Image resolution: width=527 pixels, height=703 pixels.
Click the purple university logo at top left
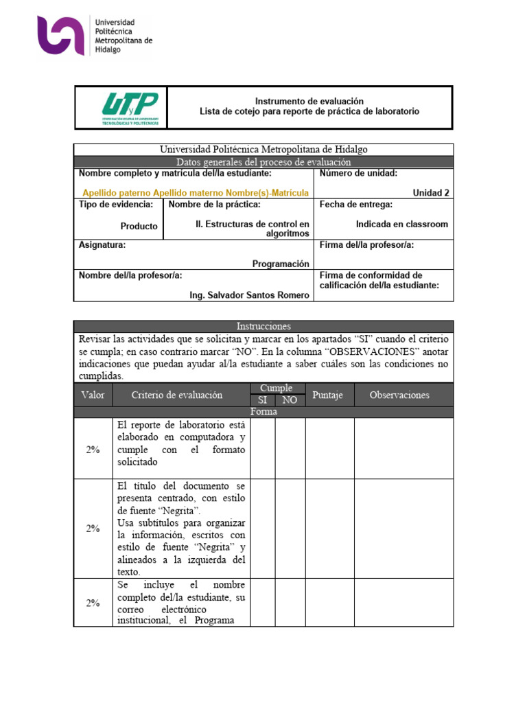pos(62,36)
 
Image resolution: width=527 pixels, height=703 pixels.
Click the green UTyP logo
pos(130,108)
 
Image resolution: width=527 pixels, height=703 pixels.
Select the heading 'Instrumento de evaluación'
pos(309,101)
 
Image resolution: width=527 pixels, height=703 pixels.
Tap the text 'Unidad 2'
pos(431,193)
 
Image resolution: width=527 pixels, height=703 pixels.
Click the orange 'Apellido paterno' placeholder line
pos(195,193)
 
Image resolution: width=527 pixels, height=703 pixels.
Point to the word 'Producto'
pos(139,226)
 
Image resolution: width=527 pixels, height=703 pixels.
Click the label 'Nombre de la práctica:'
pos(214,205)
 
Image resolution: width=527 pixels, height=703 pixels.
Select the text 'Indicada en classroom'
pos(401,224)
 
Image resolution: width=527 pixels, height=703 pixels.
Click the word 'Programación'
pos(280,264)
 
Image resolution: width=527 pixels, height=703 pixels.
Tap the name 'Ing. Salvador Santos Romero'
pos(249,295)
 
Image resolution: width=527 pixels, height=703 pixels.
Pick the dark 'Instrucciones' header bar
pos(263,326)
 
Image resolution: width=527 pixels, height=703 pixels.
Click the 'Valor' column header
pos(93,395)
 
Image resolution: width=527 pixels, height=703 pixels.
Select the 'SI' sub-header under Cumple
pos(263,400)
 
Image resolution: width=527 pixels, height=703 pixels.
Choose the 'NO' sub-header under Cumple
pos(290,400)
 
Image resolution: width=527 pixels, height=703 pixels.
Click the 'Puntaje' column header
pos(329,395)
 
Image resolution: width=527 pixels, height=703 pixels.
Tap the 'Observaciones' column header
pos(399,395)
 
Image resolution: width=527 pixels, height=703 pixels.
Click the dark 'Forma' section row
pos(263,412)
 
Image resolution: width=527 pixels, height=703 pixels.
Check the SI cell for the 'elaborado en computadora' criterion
pos(263,448)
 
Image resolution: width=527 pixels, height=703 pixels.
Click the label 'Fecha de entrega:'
pos(356,205)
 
